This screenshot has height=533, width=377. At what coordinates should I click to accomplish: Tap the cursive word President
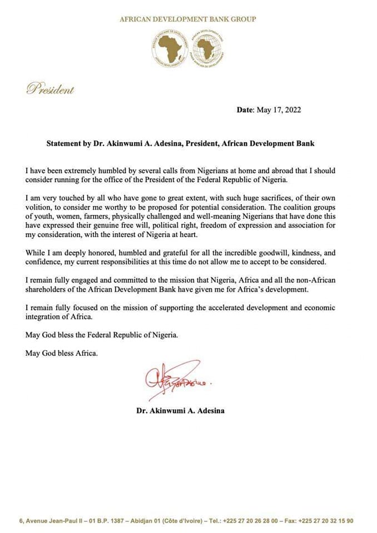click(x=50, y=89)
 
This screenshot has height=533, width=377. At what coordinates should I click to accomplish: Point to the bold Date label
click(x=245, y=110)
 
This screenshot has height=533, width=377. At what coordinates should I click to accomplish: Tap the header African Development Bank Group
click(x=188, y=19)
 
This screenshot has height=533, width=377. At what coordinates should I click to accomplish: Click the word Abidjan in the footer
click(x=146, y=521)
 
